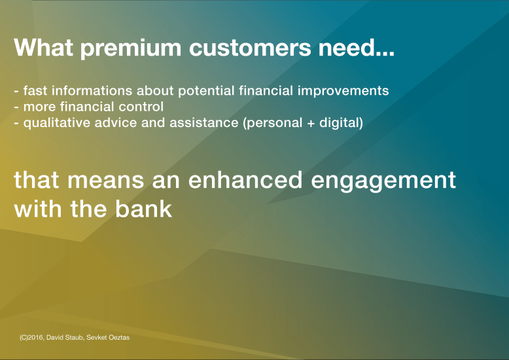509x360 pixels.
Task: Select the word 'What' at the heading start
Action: [x=41, y=48]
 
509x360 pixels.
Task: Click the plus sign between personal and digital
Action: [x=310, y=123]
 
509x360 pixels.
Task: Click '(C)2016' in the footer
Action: [x=31, y=337]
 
